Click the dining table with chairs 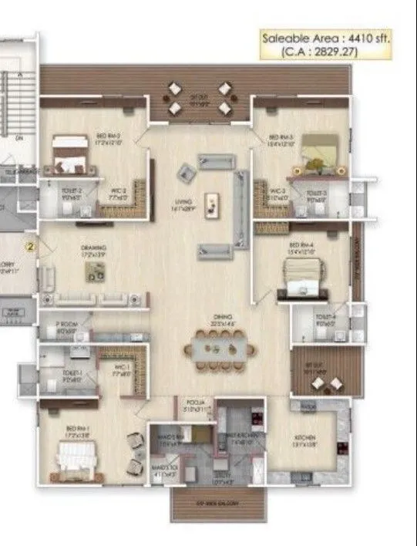pos(220,349)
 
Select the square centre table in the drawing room pos(96,271)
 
